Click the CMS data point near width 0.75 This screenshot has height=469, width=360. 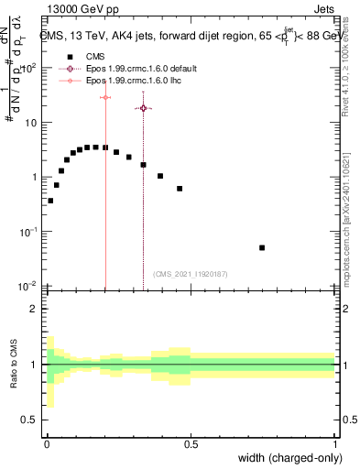tap(262, 247)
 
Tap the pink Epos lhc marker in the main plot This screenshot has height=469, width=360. tap(105, 97)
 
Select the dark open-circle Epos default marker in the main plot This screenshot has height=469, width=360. tap(143, 108)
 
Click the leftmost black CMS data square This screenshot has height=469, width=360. tap(50, 201)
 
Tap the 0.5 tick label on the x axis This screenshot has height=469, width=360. tap(191, 443)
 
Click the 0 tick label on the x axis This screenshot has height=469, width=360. tap(47, 443)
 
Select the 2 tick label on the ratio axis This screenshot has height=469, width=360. tap(33, 309)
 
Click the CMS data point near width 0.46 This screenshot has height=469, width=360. tap(180, 189)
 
